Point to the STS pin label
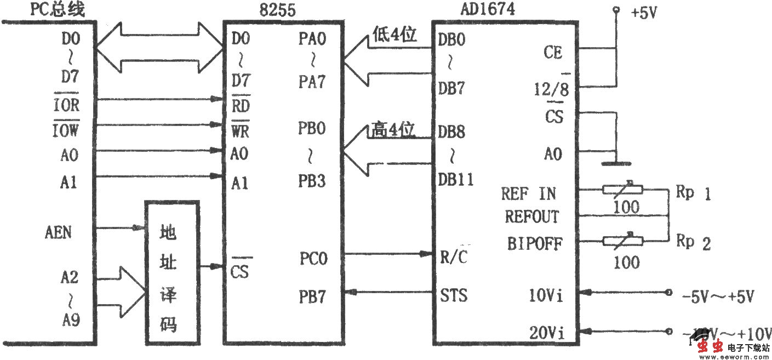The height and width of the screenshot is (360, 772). (x=454, y=296)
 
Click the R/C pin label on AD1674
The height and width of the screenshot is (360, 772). (x=454, y=256)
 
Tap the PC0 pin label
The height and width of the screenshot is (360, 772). (x=313, y=256)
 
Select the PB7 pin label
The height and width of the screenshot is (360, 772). (x=313, y=296)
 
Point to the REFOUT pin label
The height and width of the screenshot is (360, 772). (x=531, y=217)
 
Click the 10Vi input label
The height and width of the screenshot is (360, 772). (x=546, y=296)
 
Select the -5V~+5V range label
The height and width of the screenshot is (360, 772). (x=718, y=297)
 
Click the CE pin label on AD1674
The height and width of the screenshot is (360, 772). (x=552, y=53)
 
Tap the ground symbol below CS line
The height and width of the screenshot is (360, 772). (x=615, y=163)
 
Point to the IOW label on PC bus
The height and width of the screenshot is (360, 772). (x=65, y=130)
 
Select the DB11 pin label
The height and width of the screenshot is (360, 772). (x=456, y=179)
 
